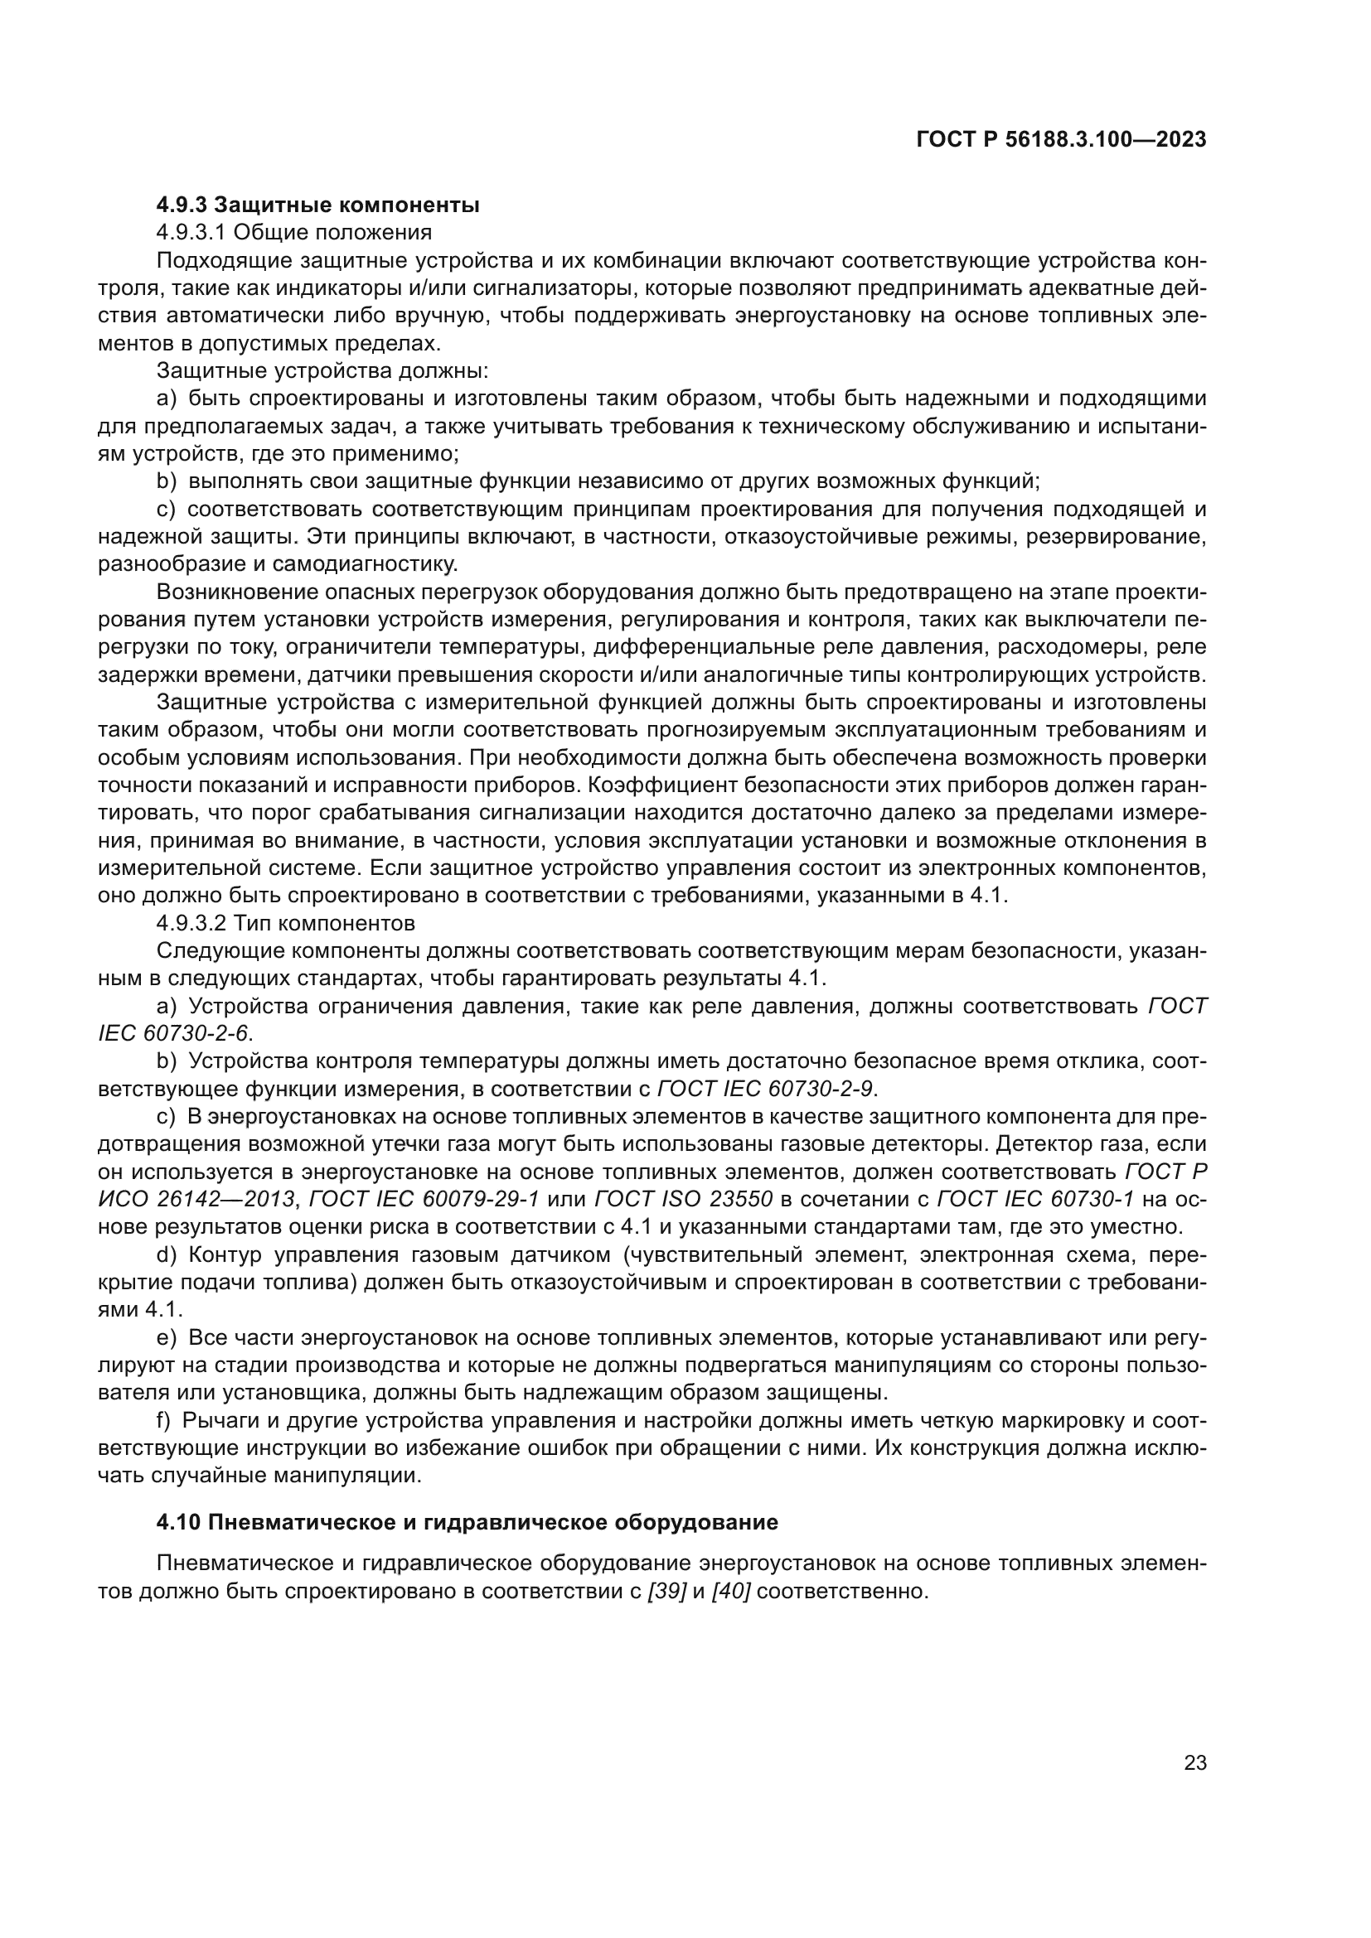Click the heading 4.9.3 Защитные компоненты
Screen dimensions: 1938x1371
click(317, 205)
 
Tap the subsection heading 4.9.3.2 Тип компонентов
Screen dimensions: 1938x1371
click(285, 921)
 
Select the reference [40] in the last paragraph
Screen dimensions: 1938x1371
click(731, 1592)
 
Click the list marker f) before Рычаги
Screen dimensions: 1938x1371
click(165, 1422)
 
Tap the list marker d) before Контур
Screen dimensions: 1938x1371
click(167, 1255)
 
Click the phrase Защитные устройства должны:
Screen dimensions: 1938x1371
click(322, 370)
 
